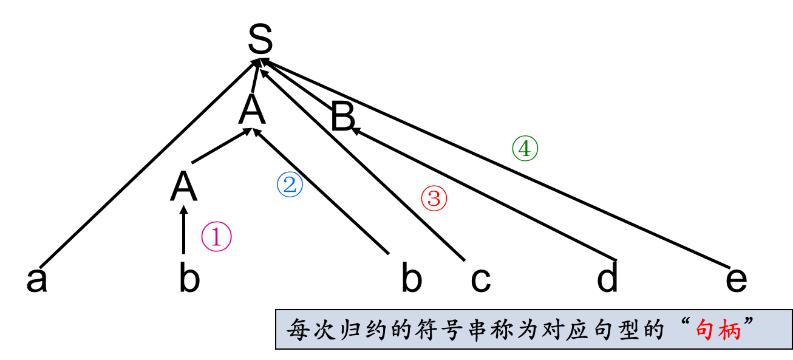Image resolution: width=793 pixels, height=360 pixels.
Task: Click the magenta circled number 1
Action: pyautogui.click(x=217, y=237)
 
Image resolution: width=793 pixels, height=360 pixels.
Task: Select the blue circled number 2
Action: pyautogui.click(x=290, y=185)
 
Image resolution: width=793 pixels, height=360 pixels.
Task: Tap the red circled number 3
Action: pyautogui.click(x=434, y=199)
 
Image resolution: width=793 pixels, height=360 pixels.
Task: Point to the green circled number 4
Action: pyautogui.click(x=525, y=149)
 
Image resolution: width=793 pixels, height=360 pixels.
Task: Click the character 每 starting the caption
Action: pyautogui.click(x=299, y=330)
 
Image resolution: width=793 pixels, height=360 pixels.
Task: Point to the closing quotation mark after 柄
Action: pyautogui.click(x=751, y=322)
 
